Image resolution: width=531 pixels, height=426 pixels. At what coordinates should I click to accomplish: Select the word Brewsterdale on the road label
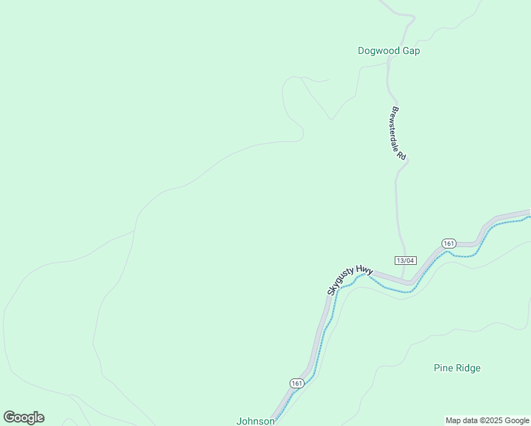click(395, 128)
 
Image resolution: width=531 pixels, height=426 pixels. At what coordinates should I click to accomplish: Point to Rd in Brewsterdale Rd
click(401, 155)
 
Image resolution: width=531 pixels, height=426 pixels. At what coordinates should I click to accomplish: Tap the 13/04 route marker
click(405, 260)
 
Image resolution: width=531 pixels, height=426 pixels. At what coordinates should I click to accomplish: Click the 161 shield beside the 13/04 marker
click(448, 244)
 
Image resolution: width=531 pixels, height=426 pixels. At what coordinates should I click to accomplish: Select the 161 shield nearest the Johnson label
click(297, 383)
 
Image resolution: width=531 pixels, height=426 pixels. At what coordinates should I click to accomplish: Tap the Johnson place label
click(256, 421)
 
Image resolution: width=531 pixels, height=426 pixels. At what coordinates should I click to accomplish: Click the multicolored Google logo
click(23, 417)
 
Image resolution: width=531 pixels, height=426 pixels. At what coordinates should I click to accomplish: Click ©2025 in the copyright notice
click(493, 421)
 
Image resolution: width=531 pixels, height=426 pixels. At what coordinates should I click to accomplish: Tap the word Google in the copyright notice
click(518, 421)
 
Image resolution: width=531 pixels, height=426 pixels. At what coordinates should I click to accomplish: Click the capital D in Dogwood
click(361, 51)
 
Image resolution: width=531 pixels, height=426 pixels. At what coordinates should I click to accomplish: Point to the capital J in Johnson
click(239, 421)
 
